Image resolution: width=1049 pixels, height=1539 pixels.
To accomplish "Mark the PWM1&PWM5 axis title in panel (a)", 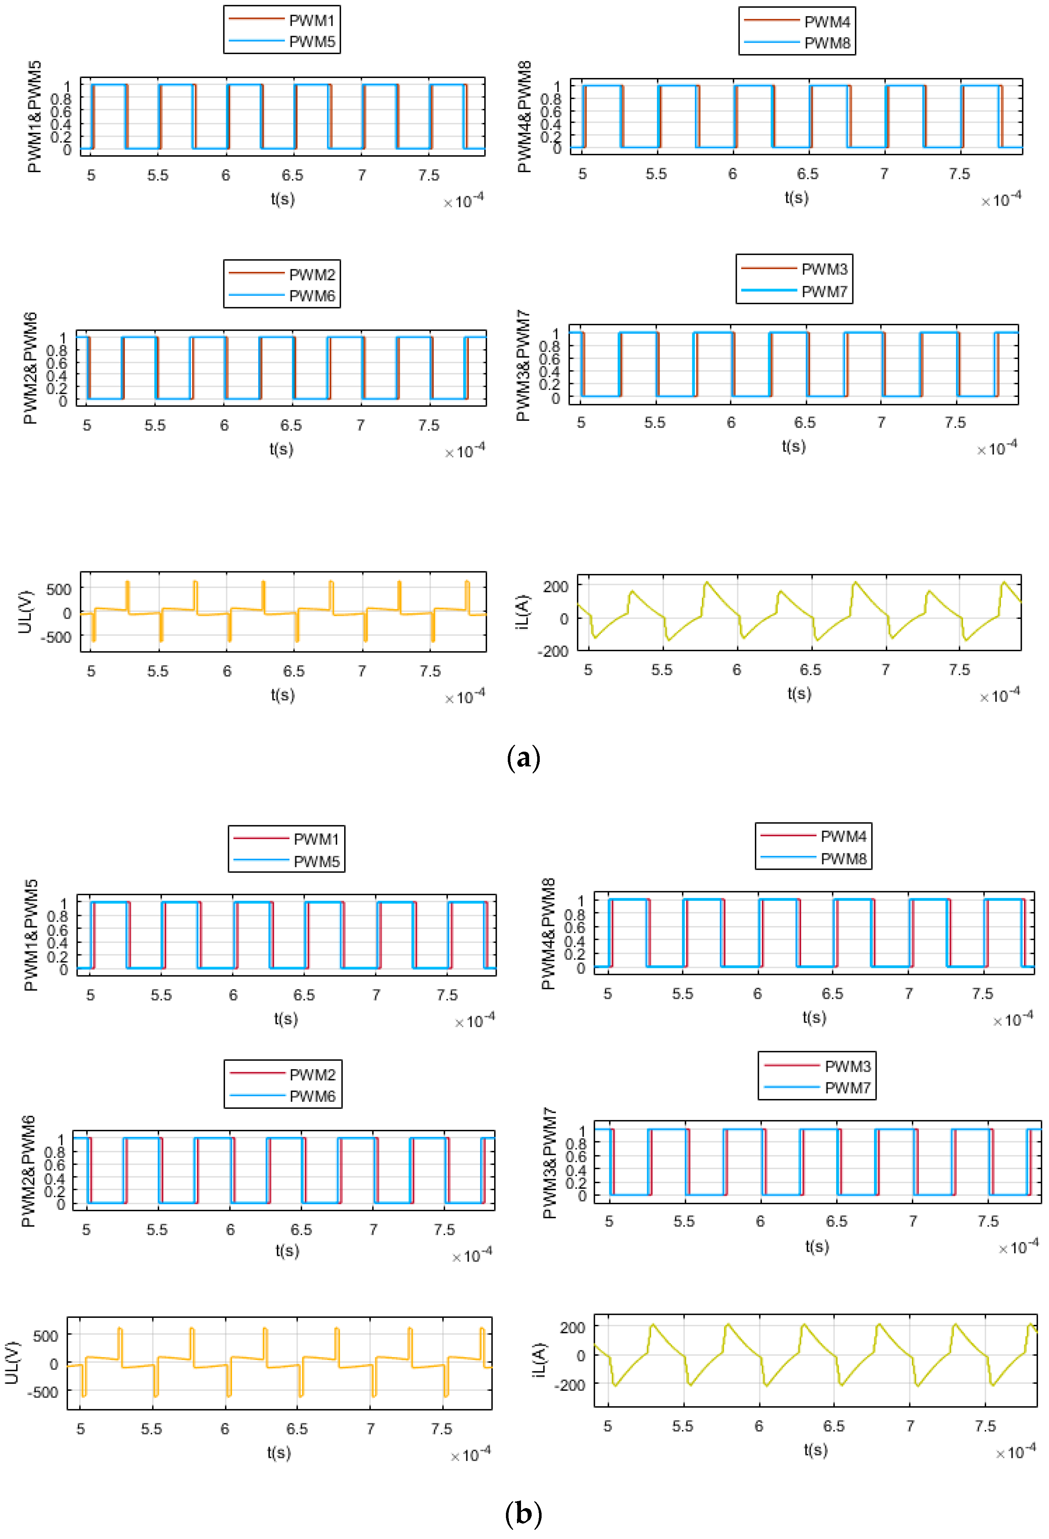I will pyautogui.click(x=35, y=117).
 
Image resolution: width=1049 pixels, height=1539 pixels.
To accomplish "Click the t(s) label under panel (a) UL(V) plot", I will pyautogui.click(x=283, y=695).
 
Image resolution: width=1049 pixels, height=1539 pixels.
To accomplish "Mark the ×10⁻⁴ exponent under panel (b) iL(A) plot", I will pyautogui.click(x=1016, y=1452).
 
